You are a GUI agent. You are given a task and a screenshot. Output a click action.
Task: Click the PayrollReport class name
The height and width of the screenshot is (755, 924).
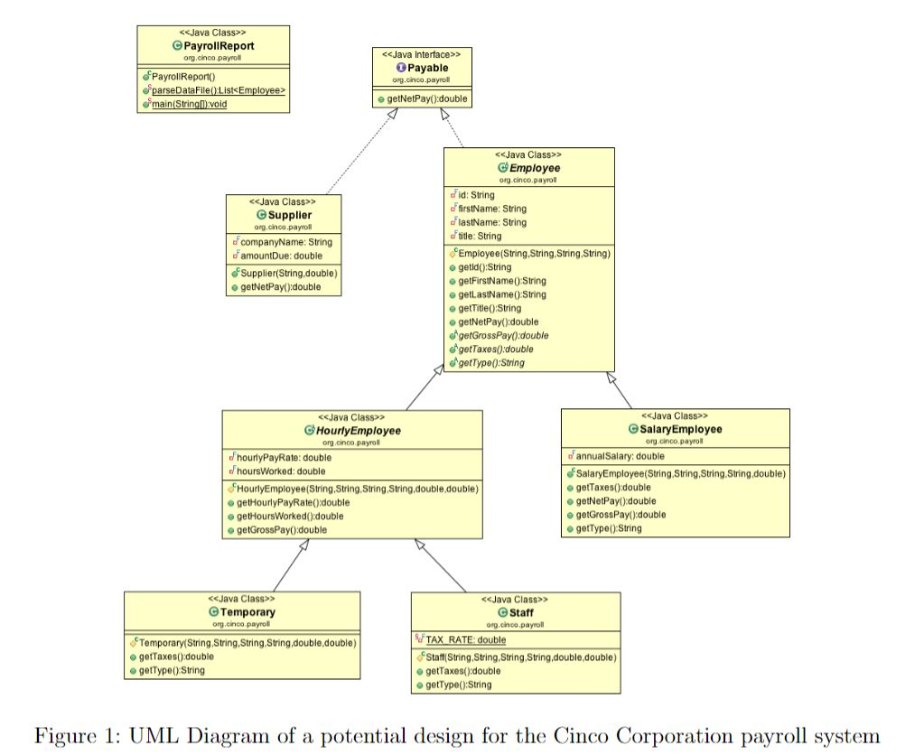pyautogui.click(x=219, y=45)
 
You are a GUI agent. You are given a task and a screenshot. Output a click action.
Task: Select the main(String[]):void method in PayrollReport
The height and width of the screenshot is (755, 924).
pyautogui.click(x=190, y=104)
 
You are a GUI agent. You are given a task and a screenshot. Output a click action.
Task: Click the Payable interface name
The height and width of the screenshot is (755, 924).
pyautogui.click(x=427, y=68)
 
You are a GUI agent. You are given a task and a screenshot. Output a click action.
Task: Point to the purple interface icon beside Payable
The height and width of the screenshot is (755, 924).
pyautogui.click(x=400, y=68)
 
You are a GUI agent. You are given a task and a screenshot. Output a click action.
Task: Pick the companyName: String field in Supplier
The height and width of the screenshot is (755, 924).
pyautogui.click(x=286, y=242)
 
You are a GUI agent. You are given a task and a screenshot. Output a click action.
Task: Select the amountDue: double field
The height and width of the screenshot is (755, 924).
pyautogui.click(x=282, y=256)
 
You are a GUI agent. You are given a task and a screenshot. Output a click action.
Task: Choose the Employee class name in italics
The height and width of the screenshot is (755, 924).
pyautogui.click(x=535, y=168)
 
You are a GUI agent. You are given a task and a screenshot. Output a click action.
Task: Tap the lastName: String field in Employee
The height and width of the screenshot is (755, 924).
pyautogui.click(x=492, y=222)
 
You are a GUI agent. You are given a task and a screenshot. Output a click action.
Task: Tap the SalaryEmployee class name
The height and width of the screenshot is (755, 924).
pyautogui.click(x=682, y=429)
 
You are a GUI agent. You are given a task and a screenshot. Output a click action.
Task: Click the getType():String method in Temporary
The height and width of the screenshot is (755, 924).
pyautogui.click(x=172, y=670)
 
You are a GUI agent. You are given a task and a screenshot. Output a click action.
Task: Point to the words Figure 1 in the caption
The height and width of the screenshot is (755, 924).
pyautogui.click(x=71, y=735)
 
